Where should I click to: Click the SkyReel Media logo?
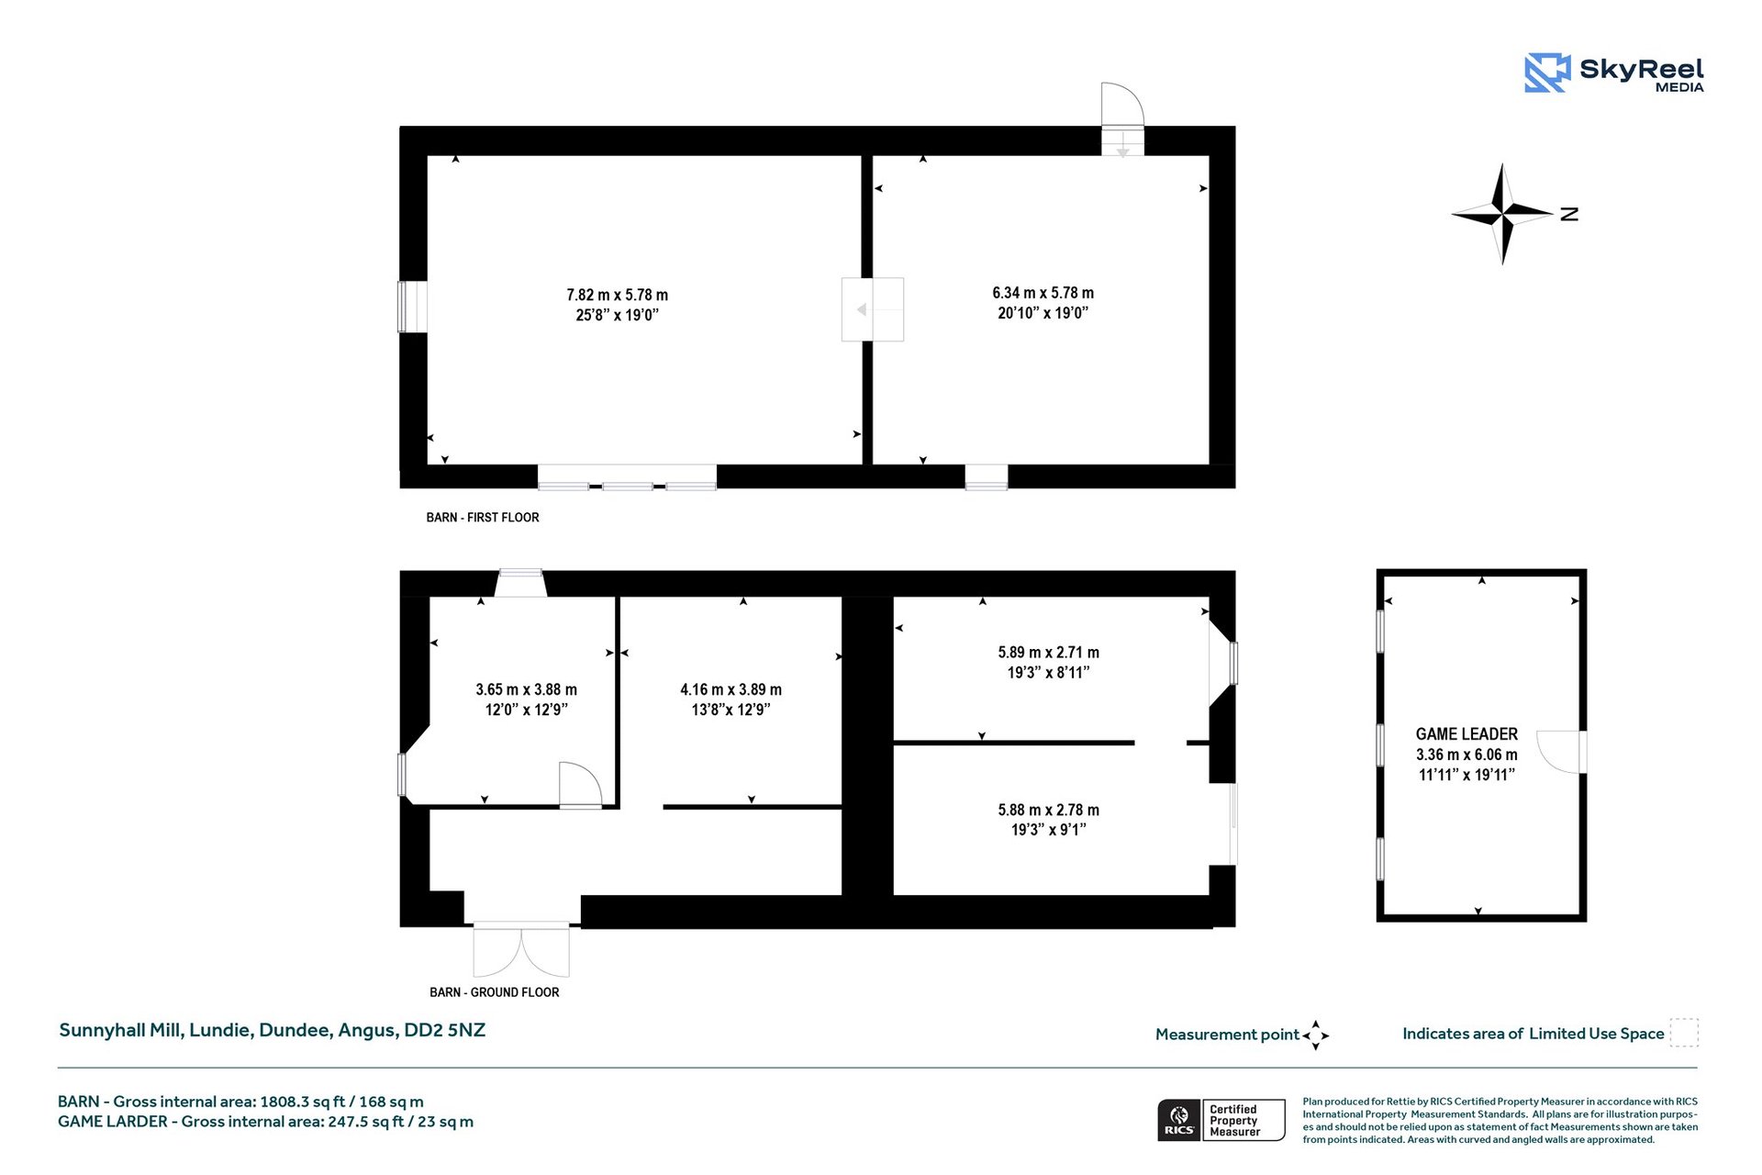[1613, 73]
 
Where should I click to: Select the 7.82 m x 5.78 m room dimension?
[617, 295]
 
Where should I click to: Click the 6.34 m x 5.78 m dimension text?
[1043, 293]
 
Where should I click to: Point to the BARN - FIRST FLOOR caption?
[483, 518]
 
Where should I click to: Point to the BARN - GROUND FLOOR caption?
[495, 992]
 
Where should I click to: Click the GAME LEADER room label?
[1466, 734]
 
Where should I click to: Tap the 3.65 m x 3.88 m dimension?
[526, 689]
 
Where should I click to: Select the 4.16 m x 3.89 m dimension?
[730, 689]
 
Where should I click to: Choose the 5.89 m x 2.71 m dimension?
[1048, 653]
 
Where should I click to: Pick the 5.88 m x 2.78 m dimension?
[1048, 810]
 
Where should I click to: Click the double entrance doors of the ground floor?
[521, 951]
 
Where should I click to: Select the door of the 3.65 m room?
[580, 786]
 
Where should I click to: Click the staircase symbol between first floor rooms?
[873, 309]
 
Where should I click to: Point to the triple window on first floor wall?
[627, 477]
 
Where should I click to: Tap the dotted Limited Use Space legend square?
[1684, 1033]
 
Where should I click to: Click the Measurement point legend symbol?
[1315, 1035]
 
